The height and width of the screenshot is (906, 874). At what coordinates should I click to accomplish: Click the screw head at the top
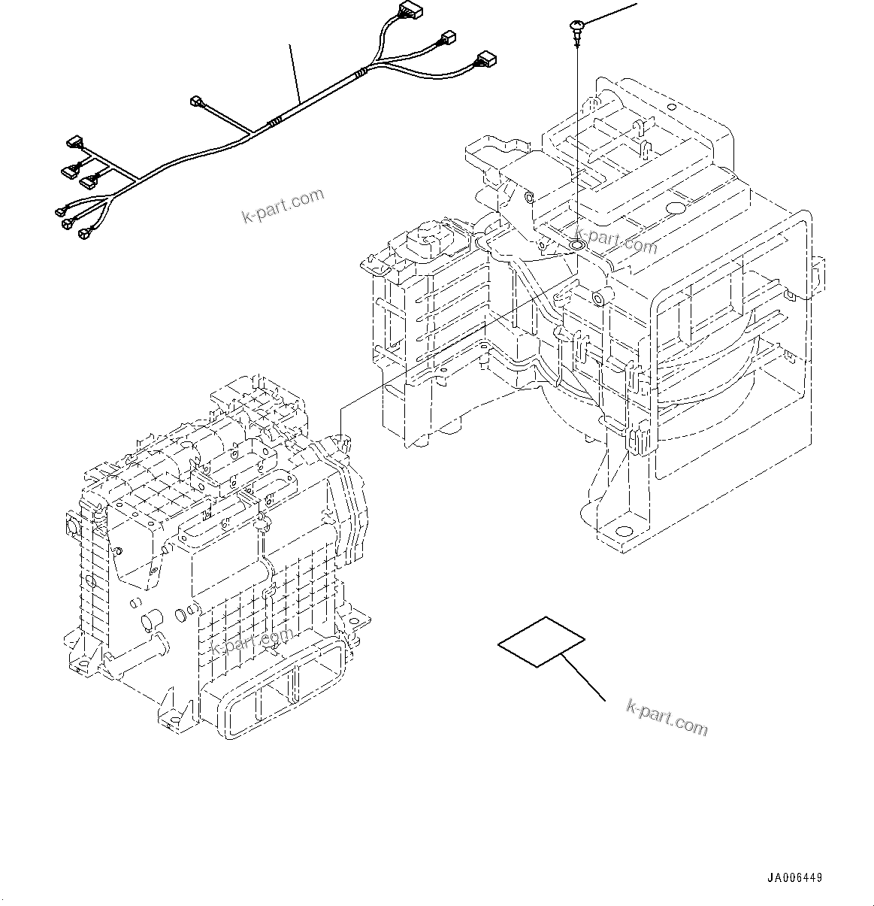[575, 29]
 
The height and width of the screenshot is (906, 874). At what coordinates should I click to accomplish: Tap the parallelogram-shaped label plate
[541, 641]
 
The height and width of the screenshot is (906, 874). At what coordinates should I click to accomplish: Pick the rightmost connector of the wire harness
[485, 59]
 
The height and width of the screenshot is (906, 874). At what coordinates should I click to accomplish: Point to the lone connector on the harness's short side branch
[198, 100]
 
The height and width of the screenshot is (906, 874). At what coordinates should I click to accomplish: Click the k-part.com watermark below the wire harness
[283, 206]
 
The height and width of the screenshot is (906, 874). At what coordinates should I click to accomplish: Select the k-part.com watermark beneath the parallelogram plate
[667, 717]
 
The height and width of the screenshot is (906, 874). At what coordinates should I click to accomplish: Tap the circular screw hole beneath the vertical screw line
[577, 244]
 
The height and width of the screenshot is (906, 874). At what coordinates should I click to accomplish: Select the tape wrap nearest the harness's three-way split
[363, 73]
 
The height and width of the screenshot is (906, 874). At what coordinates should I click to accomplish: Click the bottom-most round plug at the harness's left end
[83, 234]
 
